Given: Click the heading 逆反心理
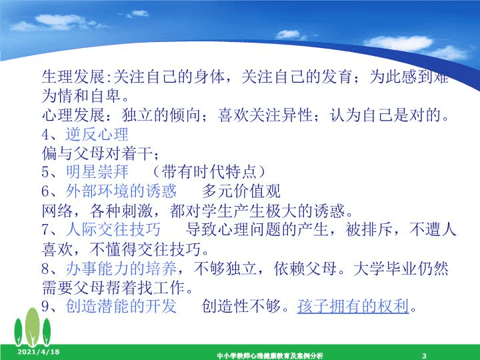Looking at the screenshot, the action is (97, 134).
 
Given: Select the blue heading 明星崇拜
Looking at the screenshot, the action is (97, 172).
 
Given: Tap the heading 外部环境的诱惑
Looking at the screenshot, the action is (121, 191).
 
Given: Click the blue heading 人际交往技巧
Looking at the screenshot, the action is (113, 229).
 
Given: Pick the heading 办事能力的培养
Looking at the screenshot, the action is (121, 269).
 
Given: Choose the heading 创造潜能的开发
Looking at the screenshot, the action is (121, 306).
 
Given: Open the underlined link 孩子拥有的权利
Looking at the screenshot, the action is (353, 306).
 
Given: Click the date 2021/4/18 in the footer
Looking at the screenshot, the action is (38, 352).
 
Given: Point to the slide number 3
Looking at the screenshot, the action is (424, 356).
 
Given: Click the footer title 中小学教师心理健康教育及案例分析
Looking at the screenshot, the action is (270, 356).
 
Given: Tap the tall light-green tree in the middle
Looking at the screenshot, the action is (32, 327).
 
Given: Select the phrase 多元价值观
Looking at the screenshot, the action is (241, 191).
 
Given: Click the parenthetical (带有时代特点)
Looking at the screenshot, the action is (209, 172).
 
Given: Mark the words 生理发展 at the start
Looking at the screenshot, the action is (73, 76).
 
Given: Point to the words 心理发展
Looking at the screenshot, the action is (73, 115).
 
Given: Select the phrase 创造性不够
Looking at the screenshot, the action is (241, 306).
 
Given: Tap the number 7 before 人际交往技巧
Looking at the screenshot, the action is (45, 229).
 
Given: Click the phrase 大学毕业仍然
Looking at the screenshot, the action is (401, 269).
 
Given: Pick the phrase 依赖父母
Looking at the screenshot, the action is (305, 269).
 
